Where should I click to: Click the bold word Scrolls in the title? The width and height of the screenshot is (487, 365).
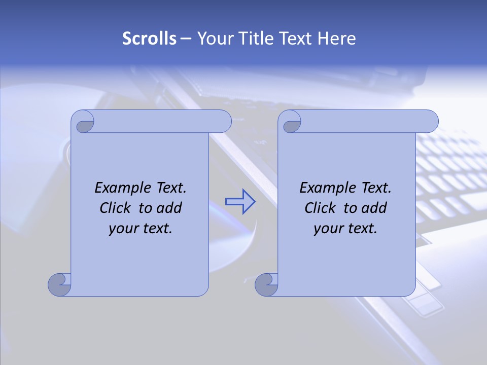(x=149, y=39)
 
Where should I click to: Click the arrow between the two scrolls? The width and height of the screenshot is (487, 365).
(x=240, y=201)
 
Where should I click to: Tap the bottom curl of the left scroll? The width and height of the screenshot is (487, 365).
(x=59, y=284)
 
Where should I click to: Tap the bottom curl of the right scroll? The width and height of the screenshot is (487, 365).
(x=266, y=284)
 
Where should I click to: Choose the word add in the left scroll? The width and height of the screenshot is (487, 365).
(x=170, y=208)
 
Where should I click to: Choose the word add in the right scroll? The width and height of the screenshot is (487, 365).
(x=375, y=208)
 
